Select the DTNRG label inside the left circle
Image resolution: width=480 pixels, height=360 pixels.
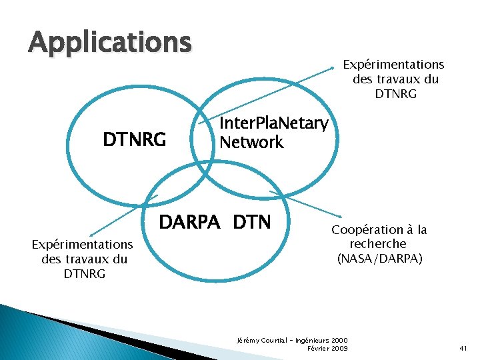pyautogui.click(x=134, y=140)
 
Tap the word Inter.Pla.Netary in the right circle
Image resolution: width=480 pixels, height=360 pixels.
pyautogui.click(x=273, y=123)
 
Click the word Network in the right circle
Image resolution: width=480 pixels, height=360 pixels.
pyautogui.click(x=251, y=142)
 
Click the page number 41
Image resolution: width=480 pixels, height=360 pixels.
pyautogui.click(x=464, y=349)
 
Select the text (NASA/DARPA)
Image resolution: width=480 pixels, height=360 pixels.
pyautogui.click(x=379, y=258)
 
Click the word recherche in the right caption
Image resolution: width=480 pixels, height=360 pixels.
pyautogui.click(x=378, y=244)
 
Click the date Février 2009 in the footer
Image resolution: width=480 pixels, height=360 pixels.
pyautogui.click(x=327, y=349)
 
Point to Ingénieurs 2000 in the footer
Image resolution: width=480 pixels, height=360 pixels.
pyautogui.click(x=323, y=341)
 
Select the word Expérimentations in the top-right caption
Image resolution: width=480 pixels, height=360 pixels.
pyautogui.click(x=393, y=65)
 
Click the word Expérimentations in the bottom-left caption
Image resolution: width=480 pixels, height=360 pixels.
pyautogui.click(x=83, y=245)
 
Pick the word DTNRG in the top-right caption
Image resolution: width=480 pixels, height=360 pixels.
pyautogui.click(x=395, y=94)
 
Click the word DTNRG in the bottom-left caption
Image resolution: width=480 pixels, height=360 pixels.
pyautogui.click(x=84, y=274)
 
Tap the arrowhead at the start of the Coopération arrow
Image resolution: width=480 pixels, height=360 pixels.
pyautogui.click(x=272, y=193)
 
